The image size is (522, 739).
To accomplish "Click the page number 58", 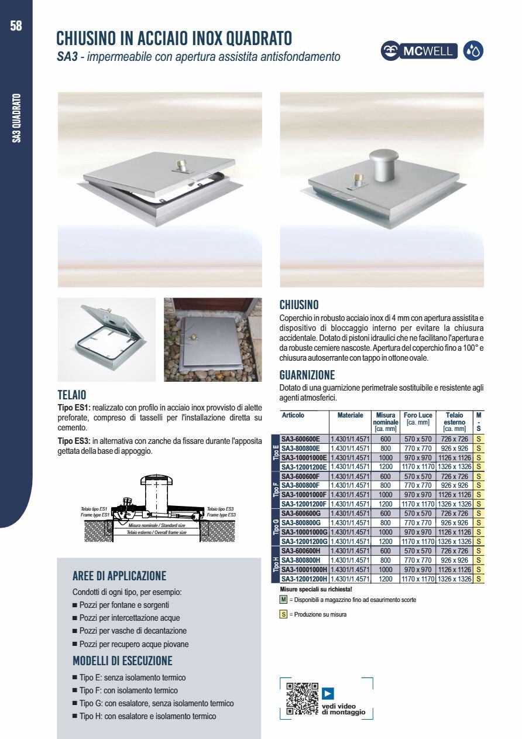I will point(16,26).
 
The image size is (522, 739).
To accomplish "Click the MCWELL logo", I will point(419,52).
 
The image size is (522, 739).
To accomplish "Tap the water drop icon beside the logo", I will point(473,52).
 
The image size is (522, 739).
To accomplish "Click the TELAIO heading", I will point(72,395).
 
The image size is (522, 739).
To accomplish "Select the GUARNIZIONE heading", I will point(307,375).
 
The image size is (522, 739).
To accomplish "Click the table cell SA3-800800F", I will point(300,485).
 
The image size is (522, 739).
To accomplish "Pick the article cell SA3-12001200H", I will point(304,579).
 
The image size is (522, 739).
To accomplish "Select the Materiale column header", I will point(350,415).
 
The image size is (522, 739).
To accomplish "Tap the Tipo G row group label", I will point(276,527).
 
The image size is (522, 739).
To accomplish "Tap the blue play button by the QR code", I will point(328,693).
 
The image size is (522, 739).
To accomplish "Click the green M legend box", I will point(283,600).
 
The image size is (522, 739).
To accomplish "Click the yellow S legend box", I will point(283,614).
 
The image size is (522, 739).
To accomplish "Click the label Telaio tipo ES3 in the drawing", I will point(221,509).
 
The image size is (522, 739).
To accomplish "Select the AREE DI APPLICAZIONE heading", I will point(119,576).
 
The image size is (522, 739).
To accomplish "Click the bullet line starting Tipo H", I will point(147,716).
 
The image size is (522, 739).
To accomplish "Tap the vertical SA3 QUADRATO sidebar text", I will point(17,118).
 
